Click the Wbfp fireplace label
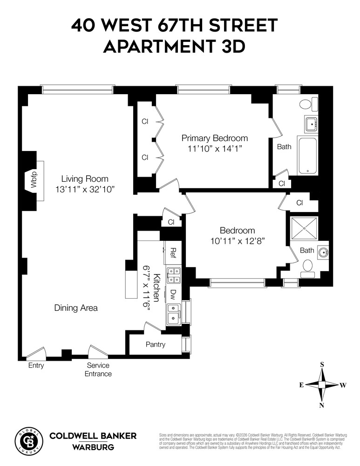[x=33, y=180]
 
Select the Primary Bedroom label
[x=214, y=138]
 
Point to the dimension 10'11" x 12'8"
[x=237, y=241]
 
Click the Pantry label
[x=155, y=345]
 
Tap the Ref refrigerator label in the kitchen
[x=173, y=253]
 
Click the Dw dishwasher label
[x=173, y=294]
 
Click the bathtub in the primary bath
[x=307, y=156]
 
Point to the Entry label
[x=36, y=365]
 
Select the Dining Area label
[x=76, y=308]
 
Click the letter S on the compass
[x=322, y=364]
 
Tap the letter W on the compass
[x=343, y=385]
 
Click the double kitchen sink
[x=174, y=313]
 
